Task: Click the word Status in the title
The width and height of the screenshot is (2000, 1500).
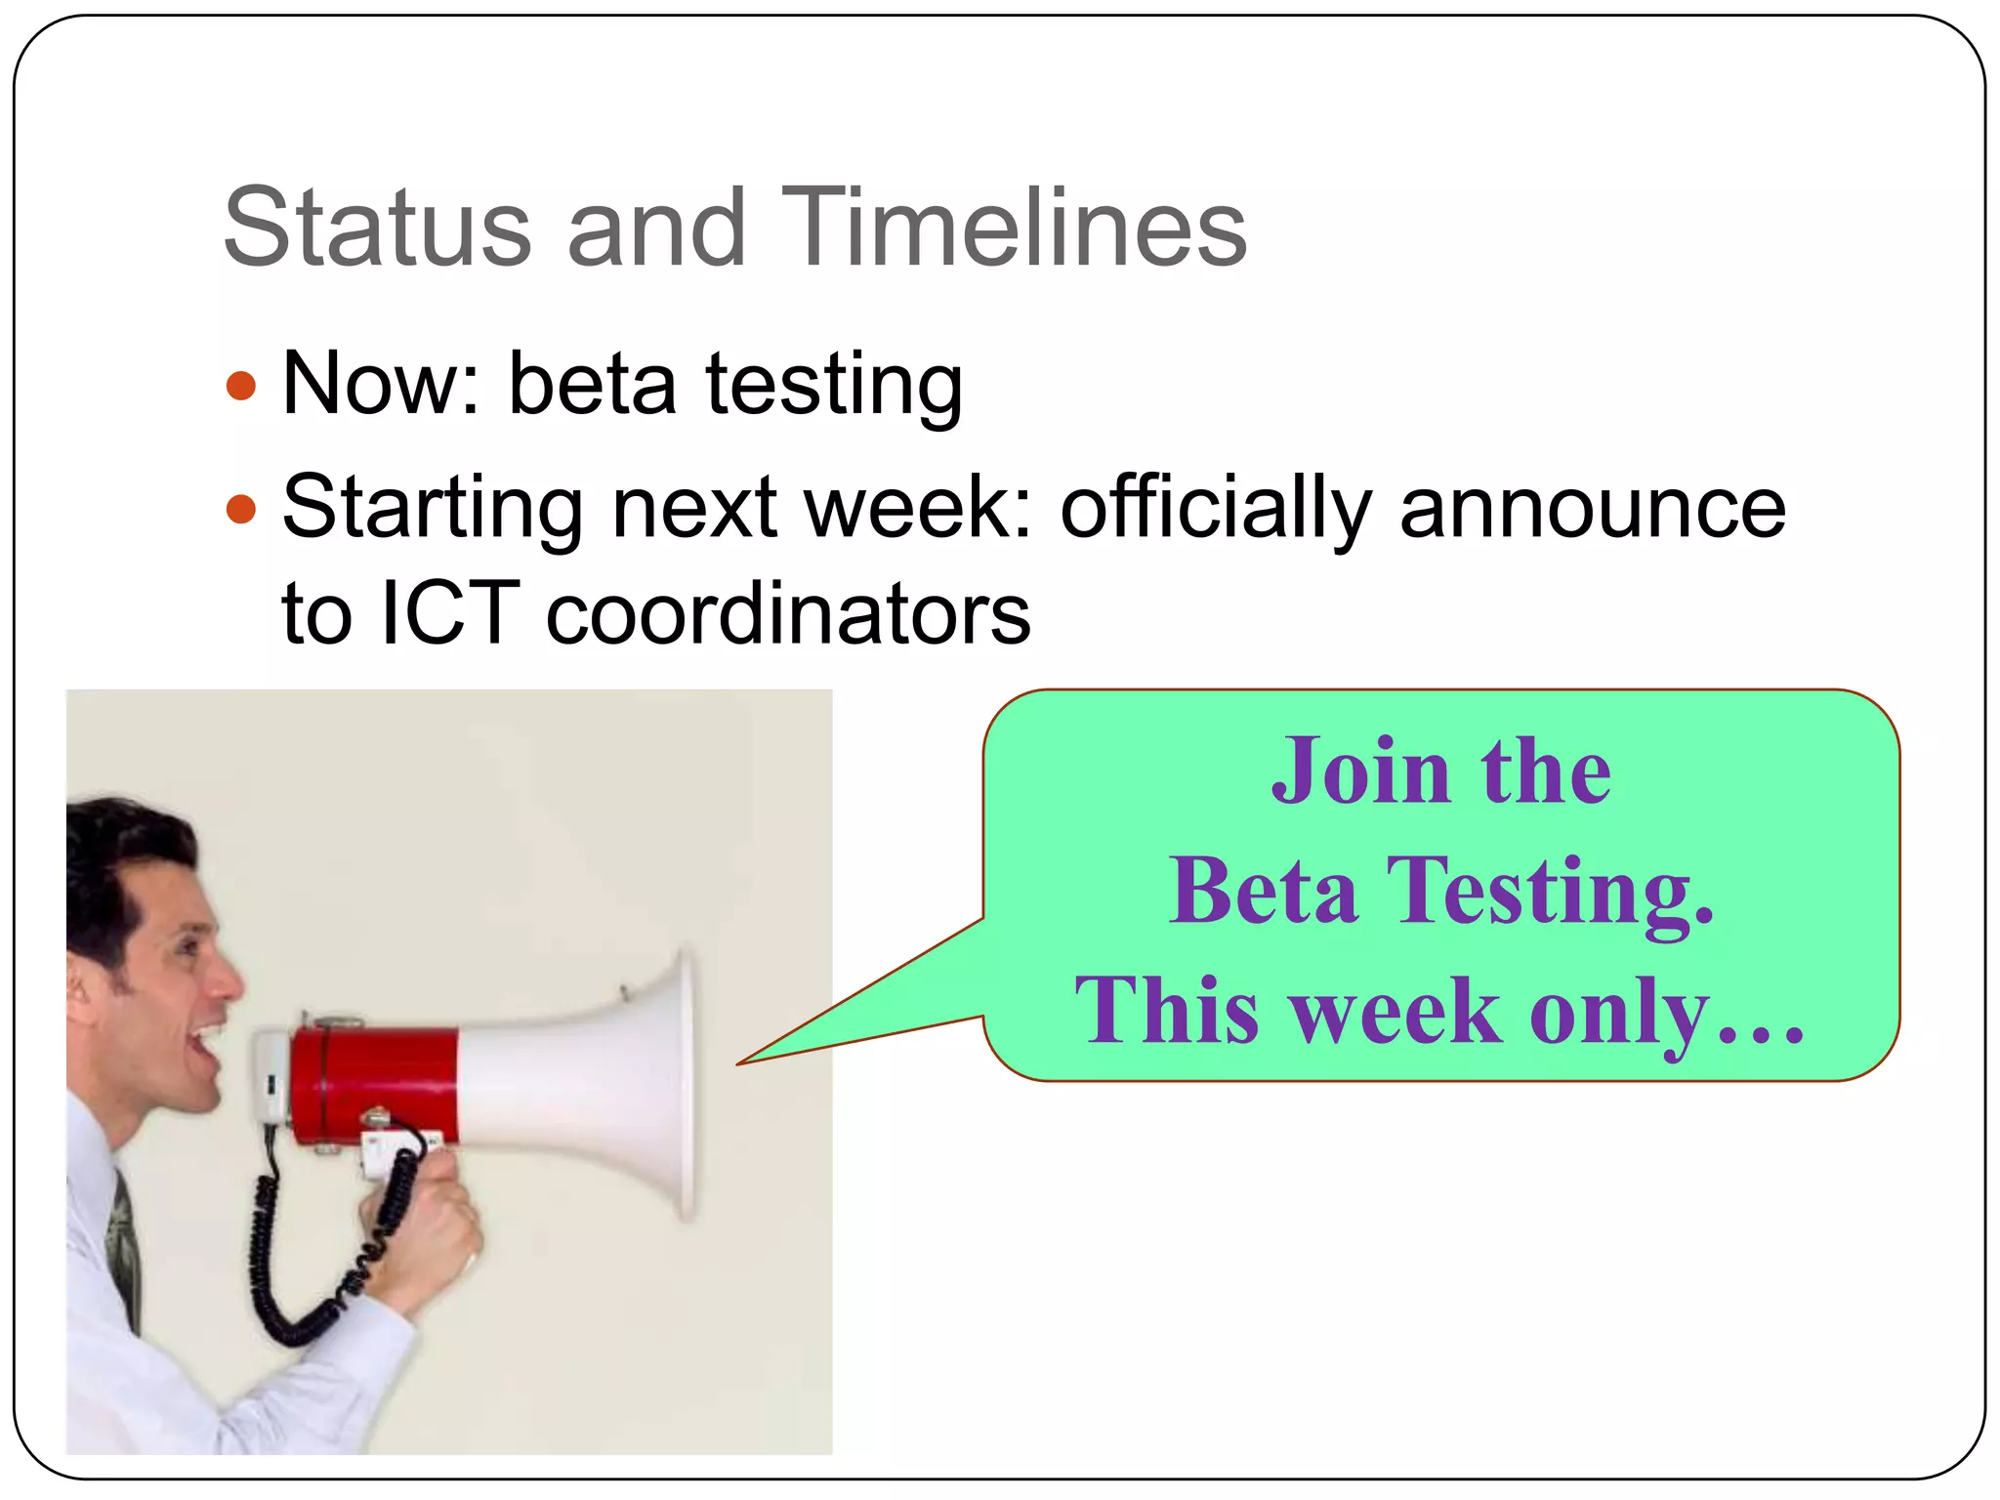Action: (377, 229)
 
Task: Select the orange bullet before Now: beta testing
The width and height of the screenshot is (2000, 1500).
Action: (240, 385)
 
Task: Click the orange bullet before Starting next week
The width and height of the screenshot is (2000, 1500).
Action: (240, 509)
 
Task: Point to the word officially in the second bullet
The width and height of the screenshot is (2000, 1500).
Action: (1216, 509)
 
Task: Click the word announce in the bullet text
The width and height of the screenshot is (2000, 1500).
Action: (1592, 509)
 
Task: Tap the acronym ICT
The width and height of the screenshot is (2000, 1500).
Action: (449, 614)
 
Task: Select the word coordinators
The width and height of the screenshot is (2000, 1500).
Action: (787, 614)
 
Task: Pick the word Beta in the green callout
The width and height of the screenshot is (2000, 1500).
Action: (1264, 891)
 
